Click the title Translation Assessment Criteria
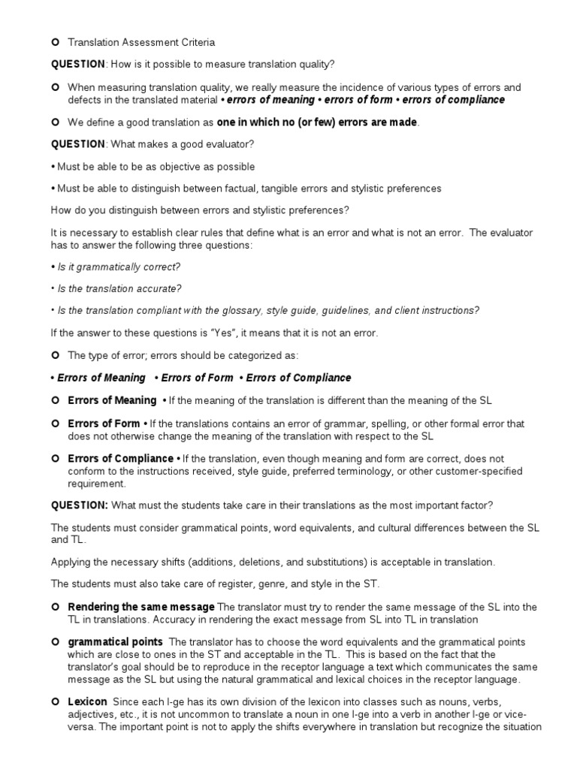pos(141,43)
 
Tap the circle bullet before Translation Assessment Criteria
pos(56,43)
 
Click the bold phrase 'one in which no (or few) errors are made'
pos(317,122)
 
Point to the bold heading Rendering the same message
pos(141,607)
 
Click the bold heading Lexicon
pos(88,701)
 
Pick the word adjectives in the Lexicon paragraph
pos(92,713)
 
